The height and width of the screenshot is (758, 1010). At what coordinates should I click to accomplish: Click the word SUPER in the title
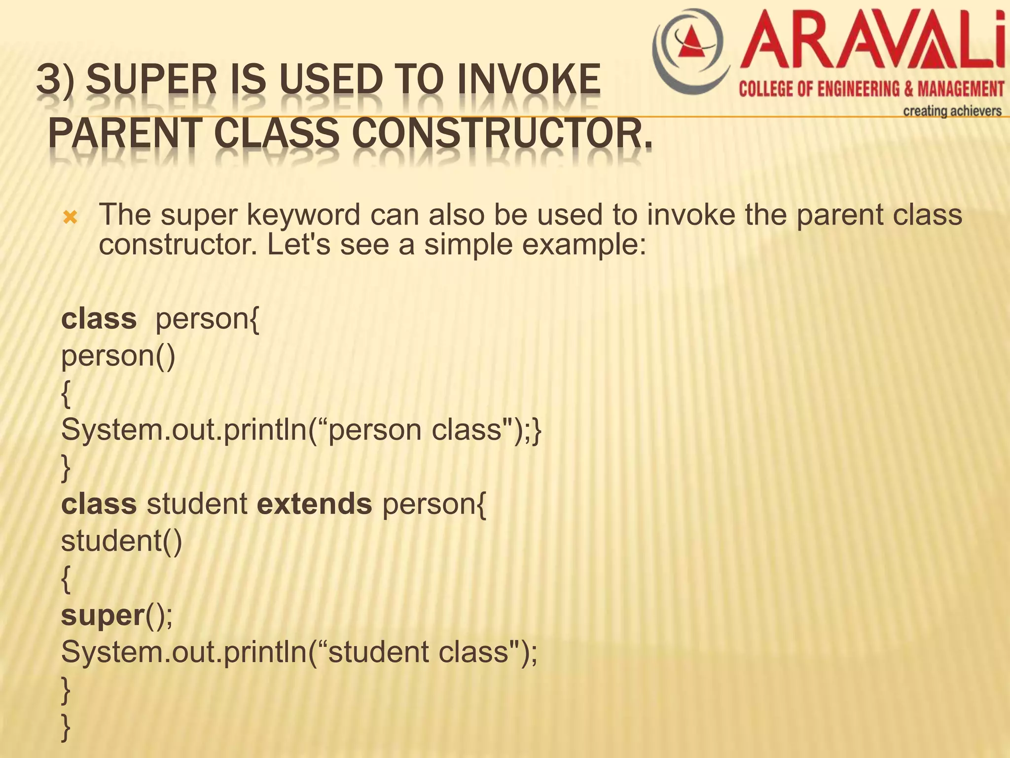tap(151, 80)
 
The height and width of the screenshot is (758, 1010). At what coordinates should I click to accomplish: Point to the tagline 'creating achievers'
tap(952, 111)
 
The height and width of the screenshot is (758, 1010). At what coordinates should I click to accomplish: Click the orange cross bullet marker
tap(71, 217)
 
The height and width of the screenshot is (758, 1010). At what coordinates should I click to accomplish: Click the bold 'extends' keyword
tap(315, 504)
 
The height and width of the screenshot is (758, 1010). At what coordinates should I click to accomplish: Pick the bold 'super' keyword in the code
tap(102, 615)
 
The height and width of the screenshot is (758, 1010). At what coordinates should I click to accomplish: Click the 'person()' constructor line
tap(118, 356)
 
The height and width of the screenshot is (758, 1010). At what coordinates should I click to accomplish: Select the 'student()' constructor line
tap(121, 541)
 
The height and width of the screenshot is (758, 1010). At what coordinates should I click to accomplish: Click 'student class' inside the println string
tap(418, 652)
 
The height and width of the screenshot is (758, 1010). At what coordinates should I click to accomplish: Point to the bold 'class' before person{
tap(99, 319)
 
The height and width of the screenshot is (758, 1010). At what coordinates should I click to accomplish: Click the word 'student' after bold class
tap(197, 504)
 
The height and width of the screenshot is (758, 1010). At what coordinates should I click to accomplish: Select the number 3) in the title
tap(55, 80)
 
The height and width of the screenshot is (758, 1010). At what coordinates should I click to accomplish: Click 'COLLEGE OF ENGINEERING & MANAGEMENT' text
tap(871, 89)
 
